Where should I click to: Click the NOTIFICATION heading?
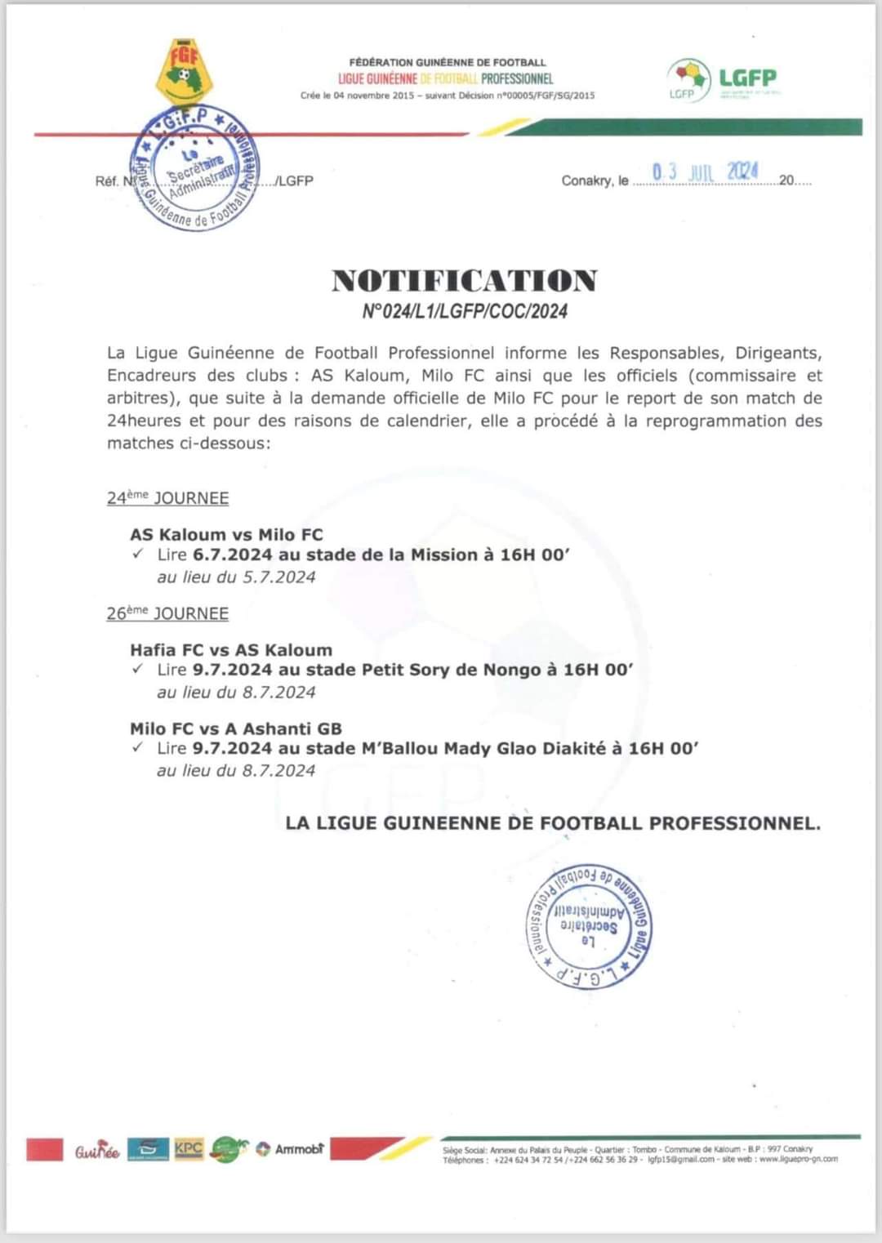click(x=464, y=281)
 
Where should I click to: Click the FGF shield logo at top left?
click(x=184, y=72)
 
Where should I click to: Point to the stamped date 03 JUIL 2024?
click(x=705, y=172)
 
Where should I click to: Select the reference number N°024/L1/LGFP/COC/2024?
click(x=464, y=311)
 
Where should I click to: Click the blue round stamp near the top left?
click(x=195, y=168)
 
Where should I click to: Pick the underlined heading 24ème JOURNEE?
click(x=167, y=498)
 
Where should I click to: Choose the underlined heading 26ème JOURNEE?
click(x=167, y=613)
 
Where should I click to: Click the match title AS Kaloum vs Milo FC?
click(x=226, y=535)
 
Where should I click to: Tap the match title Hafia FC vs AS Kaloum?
click(x=231, y=650)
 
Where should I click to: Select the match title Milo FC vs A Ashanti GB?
click(x=236, y=728)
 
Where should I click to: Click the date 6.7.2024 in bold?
click(x=233, y=555)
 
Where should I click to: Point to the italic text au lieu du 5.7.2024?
click(x=236, y=577)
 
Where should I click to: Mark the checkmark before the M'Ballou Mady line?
click(x=138, y=747)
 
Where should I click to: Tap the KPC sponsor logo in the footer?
click(x=189, y=1148)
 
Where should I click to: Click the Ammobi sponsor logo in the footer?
click(x=291, y=1149)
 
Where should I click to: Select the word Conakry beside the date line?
click(x=586, y=180)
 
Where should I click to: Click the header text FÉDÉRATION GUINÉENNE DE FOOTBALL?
click(x=447, y=62)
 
